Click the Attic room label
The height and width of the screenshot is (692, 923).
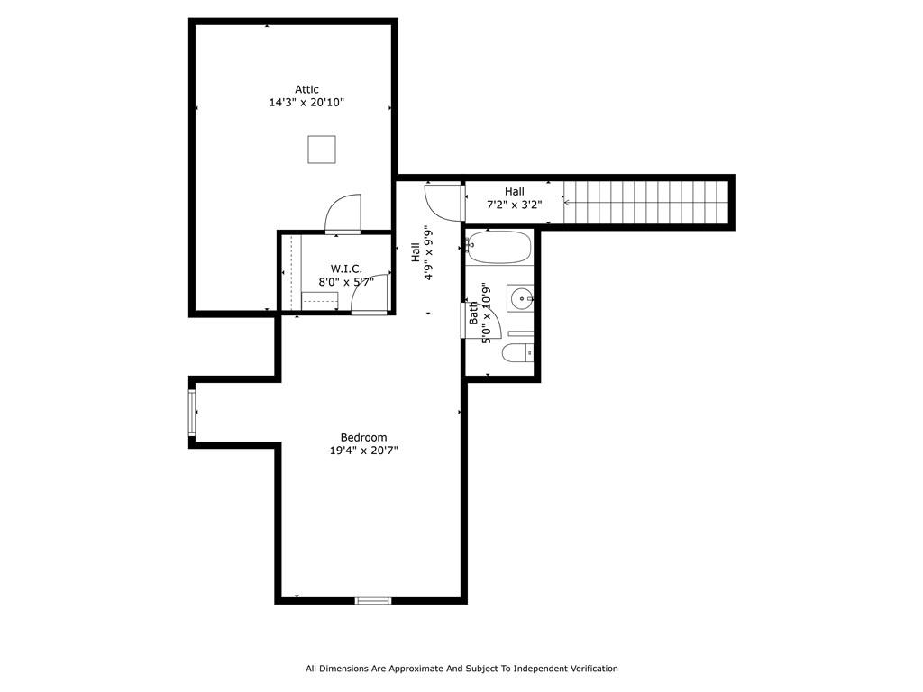pos(306,89)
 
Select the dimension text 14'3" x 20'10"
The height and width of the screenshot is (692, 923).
pos(306,103)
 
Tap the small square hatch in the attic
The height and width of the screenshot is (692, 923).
pos(322,150)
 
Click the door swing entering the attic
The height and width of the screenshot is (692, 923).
pos(343,214)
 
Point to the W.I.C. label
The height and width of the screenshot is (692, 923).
pos(346,269)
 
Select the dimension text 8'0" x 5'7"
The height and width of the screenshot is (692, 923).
pos(346,281)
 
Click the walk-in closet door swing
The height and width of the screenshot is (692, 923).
pos(370,294)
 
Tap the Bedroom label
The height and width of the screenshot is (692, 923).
pos(363,438)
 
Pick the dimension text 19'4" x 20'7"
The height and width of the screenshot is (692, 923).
pos(363,451)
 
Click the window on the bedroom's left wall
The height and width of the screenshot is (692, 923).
pos(192,412)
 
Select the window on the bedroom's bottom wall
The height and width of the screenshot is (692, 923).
pos(373,600)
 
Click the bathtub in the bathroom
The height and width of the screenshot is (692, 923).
pos(499,247)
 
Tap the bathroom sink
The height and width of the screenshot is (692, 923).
pos(520,297)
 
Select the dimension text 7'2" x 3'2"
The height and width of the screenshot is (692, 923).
pos(514,205)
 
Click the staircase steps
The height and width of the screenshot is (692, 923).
pos(644,203)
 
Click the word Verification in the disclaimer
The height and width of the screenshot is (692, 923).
pos(589,669)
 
